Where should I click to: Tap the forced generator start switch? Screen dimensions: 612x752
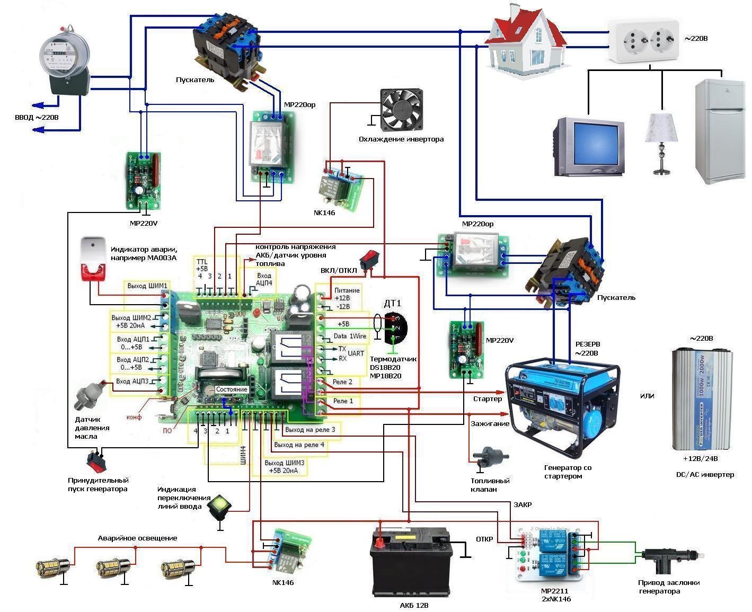pos(96,462)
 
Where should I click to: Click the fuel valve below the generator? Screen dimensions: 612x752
pos(490,457)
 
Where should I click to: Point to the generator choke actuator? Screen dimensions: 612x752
pos(667,558)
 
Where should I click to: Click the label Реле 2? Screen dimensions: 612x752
pos(342,382)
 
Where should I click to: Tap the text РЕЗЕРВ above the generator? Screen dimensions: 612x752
pos(588,344)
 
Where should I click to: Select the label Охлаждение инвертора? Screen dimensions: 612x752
pos(401,139)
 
